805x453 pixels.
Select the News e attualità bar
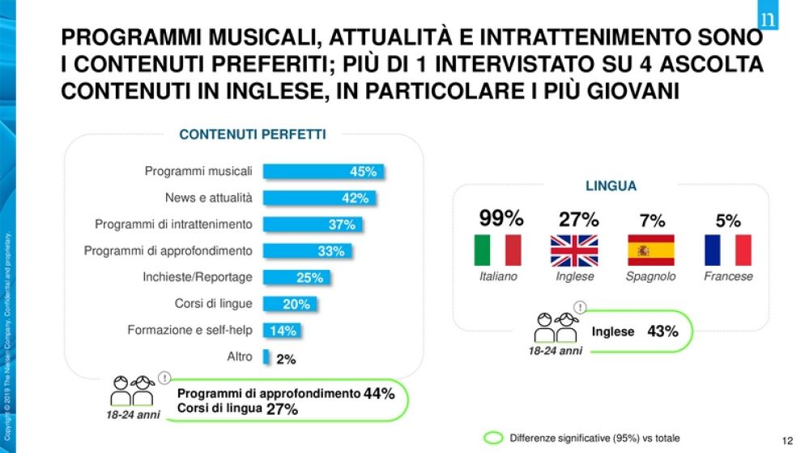(x=319, y=198)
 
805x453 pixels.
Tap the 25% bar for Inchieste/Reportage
(x=296, y=277)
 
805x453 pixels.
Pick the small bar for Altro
(x=266, y=357)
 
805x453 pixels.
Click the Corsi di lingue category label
(x=213, y=304)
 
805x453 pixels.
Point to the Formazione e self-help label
(x=190, y=330)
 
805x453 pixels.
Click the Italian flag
(x=497, y=250)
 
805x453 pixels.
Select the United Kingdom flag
(x=574, y=250)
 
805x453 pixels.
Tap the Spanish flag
(x=650, y=250)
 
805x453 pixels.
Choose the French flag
(x=727, y=250)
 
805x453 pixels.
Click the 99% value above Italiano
(x=501, y=218)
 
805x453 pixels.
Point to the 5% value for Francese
(x=728, y=220)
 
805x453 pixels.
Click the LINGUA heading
(x=611, y=186)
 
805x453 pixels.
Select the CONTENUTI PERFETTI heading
(x=252, y=135)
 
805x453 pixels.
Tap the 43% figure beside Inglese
(x=662, y=331)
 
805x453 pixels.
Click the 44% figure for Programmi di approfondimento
(x=379, y=394)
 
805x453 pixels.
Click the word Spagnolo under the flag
(x=650, y=276)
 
